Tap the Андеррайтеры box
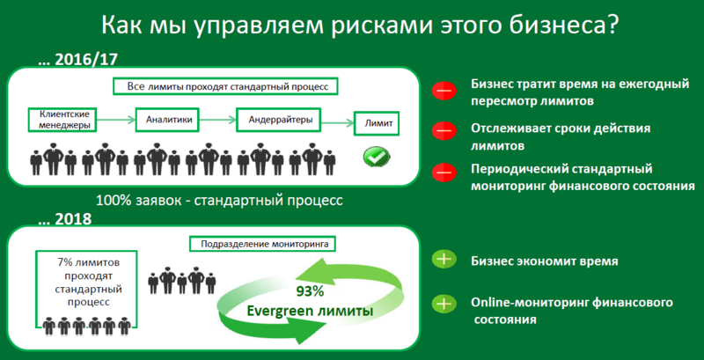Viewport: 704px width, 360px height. coord(279,118)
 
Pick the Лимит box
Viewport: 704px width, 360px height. coord(378,123)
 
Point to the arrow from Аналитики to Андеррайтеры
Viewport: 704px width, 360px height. coord(220,118)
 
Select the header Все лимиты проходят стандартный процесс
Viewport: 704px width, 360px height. coord(225,87)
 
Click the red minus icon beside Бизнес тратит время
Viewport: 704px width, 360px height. coord(444,91)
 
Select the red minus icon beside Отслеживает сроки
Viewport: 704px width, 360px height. coord(444,131)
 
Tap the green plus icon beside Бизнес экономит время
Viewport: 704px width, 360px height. coord(444,260)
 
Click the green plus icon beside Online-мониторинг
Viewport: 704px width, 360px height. coord(444,305)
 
